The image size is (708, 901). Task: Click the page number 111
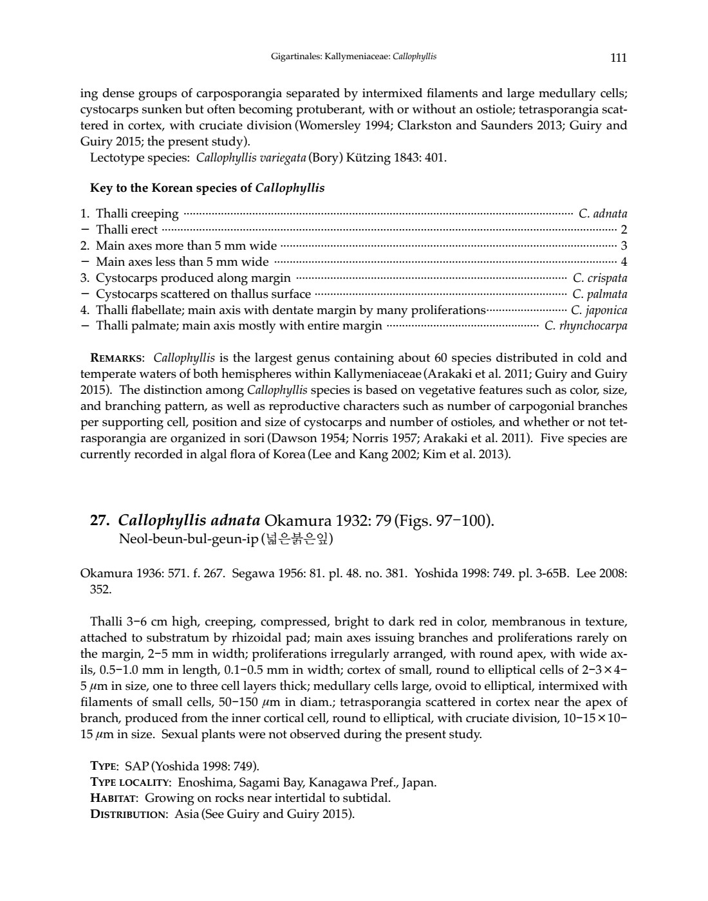618,58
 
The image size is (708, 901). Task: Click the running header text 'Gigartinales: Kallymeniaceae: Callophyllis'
353,57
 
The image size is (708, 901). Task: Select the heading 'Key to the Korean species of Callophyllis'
207,189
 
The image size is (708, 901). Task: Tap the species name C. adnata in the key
602,214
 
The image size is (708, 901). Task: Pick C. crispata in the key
599,278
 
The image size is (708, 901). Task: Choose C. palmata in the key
599,294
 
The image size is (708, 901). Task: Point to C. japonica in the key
599,310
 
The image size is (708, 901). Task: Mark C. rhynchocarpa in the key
586,326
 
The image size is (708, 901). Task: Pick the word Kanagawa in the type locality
338,783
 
